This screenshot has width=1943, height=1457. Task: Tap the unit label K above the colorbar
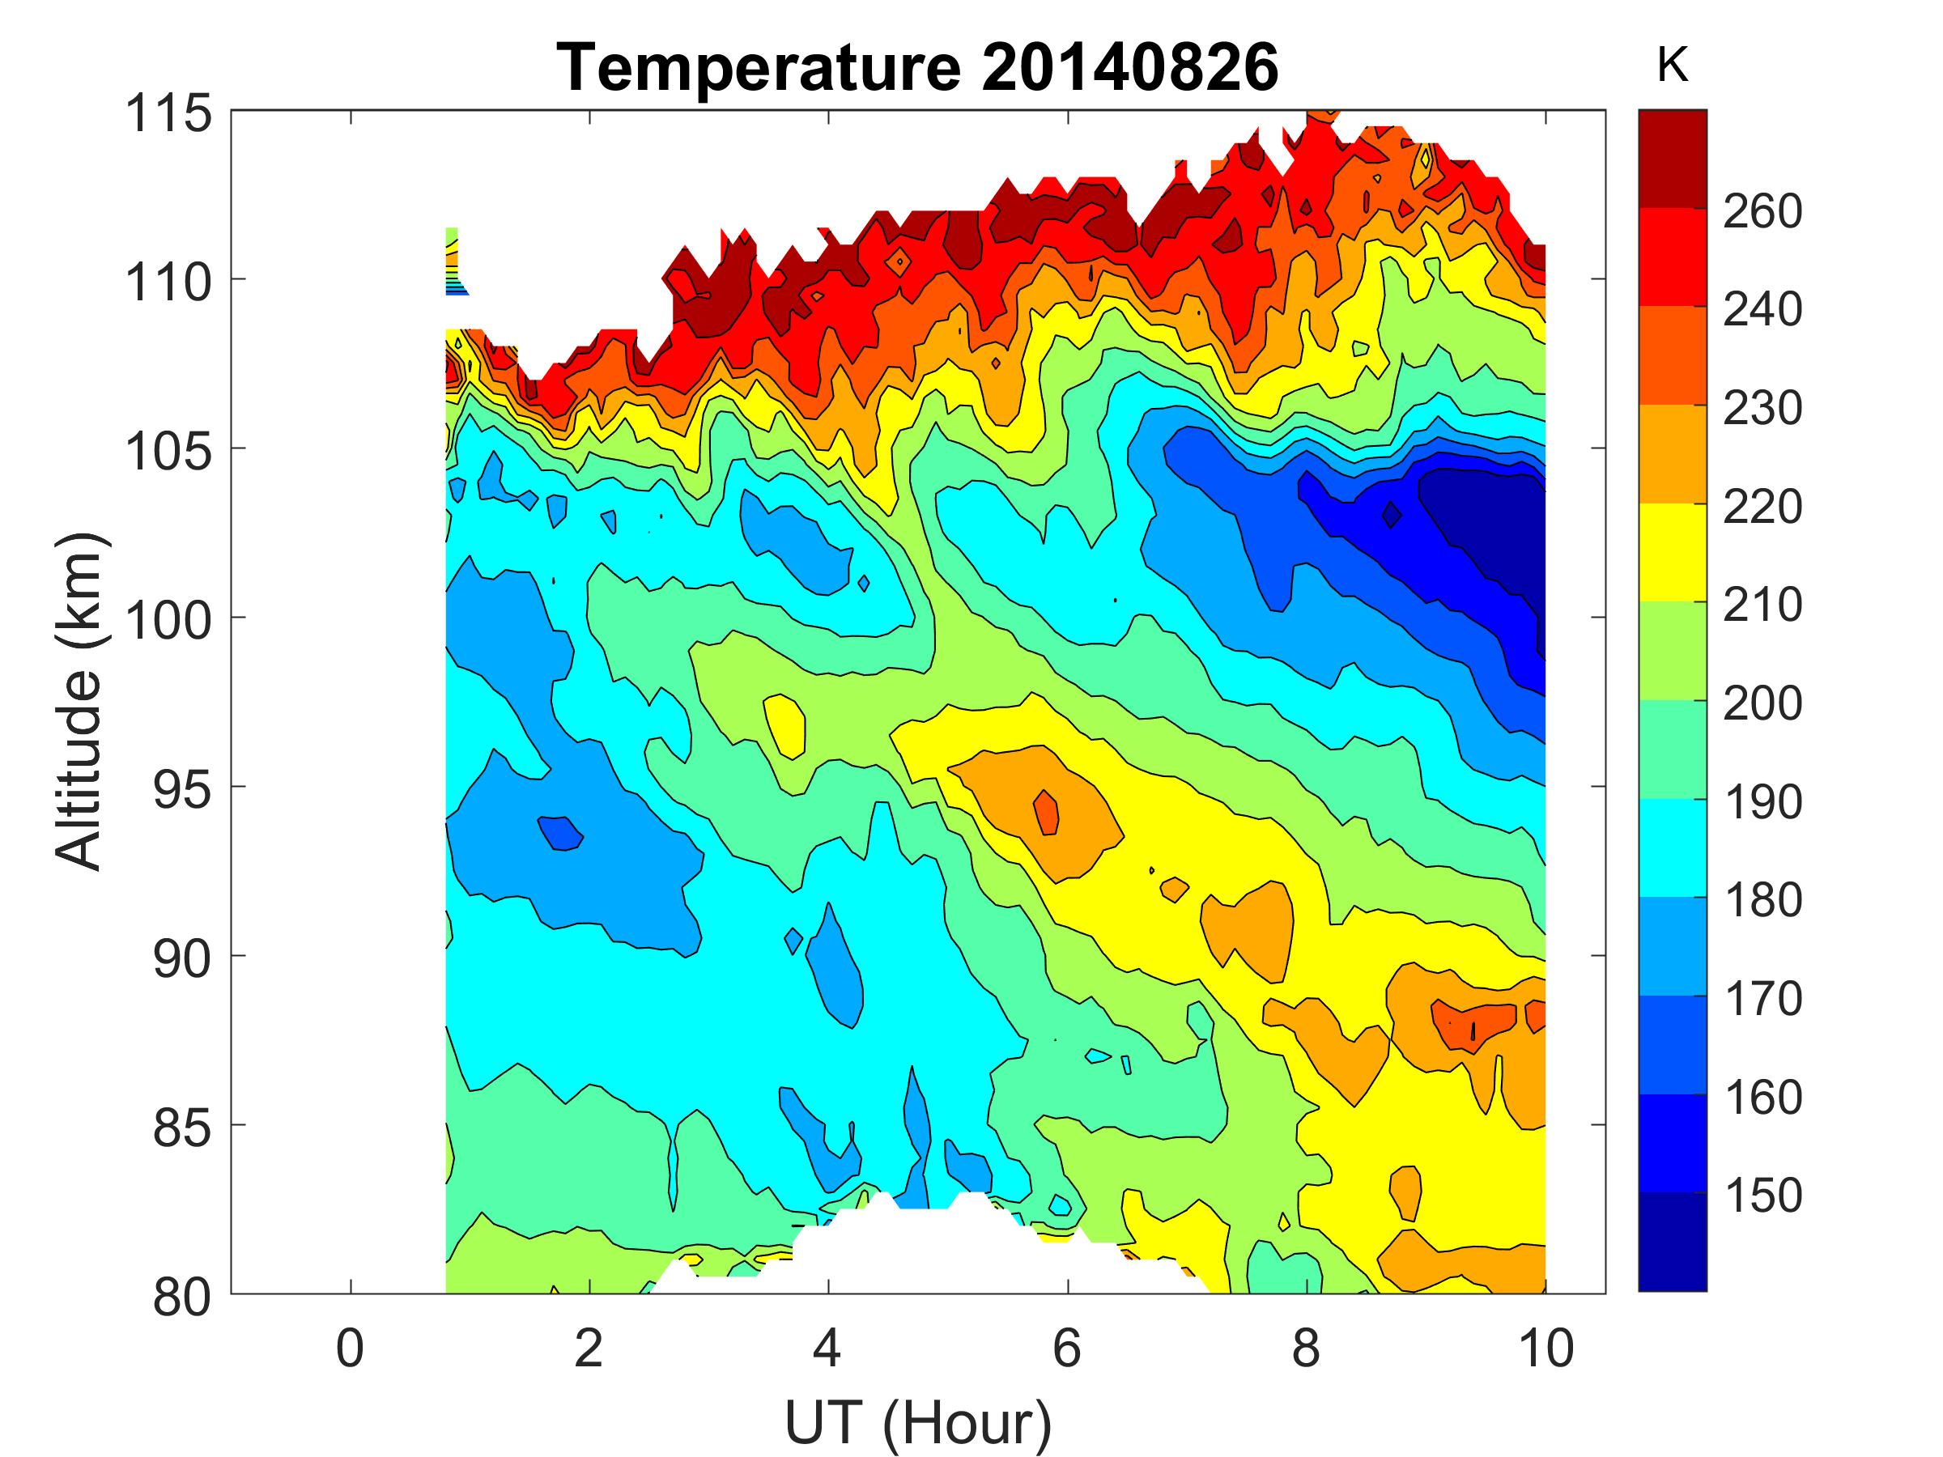pos(1673,66)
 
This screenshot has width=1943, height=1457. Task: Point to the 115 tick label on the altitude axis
pos(169,113)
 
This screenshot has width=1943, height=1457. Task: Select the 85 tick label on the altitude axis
pos(182,1127)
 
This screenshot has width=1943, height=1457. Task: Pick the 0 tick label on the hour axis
pos(350,1348)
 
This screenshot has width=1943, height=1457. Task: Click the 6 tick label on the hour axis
pos(1067,1348)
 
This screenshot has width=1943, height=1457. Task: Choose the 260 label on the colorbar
pos(1762,210)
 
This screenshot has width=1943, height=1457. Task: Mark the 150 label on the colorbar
pos(1762,1196)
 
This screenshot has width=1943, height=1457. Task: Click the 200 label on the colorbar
pos(1762,703)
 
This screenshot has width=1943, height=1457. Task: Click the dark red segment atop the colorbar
pos(1673,159)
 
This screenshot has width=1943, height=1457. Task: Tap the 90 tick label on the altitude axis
pos(182,958)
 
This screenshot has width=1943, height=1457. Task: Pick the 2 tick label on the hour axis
pos(589,1348)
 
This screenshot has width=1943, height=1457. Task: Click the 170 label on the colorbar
pos(1762,999)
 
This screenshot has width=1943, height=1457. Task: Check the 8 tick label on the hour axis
pos(1306,1348)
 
